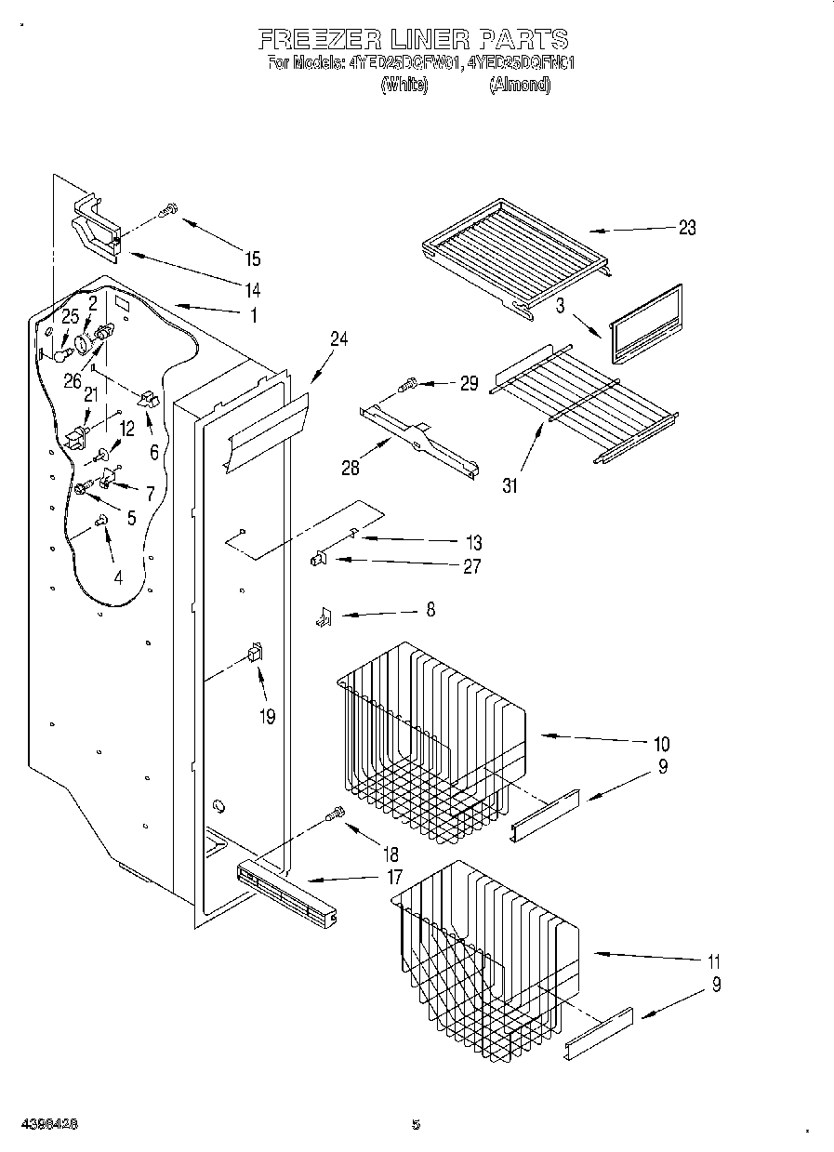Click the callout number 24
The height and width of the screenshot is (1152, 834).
click(x=338, y=340)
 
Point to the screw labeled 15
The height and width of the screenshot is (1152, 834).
click(x=169, y=211)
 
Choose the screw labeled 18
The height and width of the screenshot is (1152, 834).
click(x=335, y=815)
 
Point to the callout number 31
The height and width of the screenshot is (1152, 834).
click(x=511, y=483)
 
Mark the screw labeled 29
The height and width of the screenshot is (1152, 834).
click(x=408, y=383)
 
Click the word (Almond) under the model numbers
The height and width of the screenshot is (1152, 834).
click(x=521, y=86)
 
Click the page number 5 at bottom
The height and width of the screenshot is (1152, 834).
click(x=416, y=1124)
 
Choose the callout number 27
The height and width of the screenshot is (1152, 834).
click(x=471, y=565)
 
